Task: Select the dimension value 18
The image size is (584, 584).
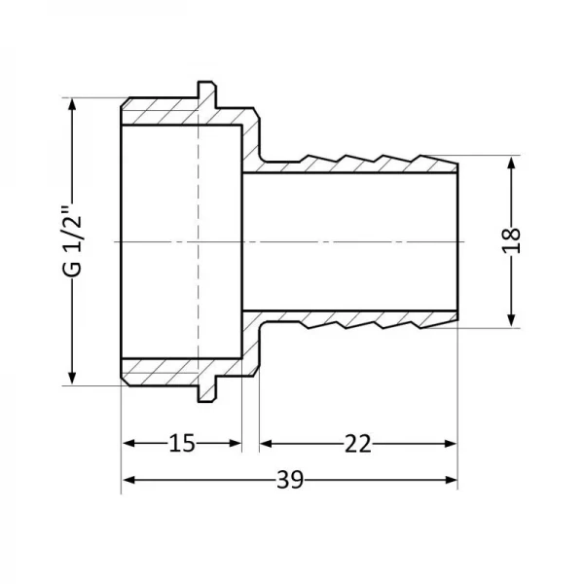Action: (514, 240)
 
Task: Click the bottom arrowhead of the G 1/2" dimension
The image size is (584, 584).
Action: (71, 378)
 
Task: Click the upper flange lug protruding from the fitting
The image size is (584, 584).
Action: (206, 90)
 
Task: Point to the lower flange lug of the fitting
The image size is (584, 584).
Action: (206, 392)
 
